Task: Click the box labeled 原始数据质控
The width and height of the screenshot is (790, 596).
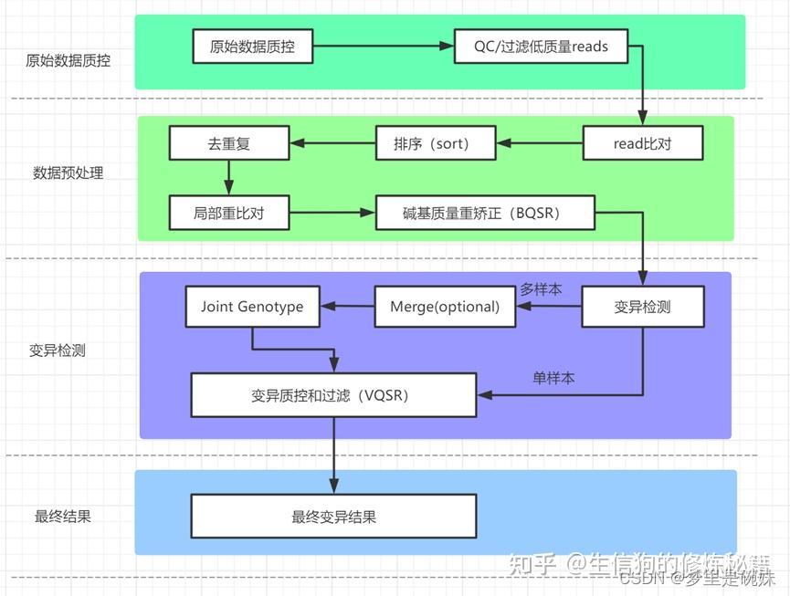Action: pos(253,46)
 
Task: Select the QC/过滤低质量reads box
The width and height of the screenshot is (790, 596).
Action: pos(541,46)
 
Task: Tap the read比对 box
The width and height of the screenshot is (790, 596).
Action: pos(643,143)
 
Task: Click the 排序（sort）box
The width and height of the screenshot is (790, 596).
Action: pos(436,143)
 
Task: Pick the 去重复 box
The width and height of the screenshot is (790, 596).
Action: pos(228,143)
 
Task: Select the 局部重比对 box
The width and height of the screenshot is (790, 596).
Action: pos(228,214)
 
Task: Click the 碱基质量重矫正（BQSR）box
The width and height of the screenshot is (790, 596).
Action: pos(485,214)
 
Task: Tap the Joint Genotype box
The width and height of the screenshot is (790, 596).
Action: pos(252,307)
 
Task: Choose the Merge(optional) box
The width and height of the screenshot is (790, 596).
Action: pos(445,307)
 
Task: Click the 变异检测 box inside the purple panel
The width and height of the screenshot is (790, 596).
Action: pos(643,307)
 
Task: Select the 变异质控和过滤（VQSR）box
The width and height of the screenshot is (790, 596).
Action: pos(333,396)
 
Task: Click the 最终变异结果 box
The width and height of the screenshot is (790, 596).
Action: pos(333,517)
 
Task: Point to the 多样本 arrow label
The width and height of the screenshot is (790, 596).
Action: pos(541,289)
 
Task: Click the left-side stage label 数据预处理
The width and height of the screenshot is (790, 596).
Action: pos(68,173)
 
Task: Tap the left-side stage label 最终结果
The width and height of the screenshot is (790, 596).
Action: pos(63,517)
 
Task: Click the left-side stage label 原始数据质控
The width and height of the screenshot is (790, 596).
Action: pos(68,61)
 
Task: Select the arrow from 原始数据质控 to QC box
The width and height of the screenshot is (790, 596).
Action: pos(384,46)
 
